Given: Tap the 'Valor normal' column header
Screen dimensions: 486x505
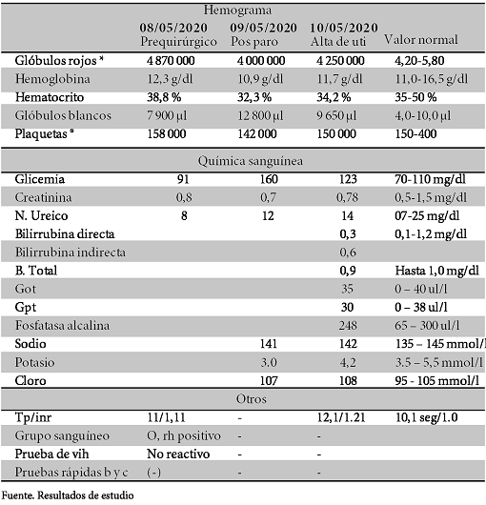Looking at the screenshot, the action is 420,41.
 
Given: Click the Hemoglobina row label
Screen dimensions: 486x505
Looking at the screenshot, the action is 50,77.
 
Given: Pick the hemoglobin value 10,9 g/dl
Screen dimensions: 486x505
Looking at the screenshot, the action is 258,77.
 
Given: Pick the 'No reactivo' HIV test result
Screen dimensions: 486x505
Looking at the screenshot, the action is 177,454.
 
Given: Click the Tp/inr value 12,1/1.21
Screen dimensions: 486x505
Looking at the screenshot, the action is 345,417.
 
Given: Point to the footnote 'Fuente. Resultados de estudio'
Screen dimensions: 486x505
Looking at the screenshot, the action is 68,495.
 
